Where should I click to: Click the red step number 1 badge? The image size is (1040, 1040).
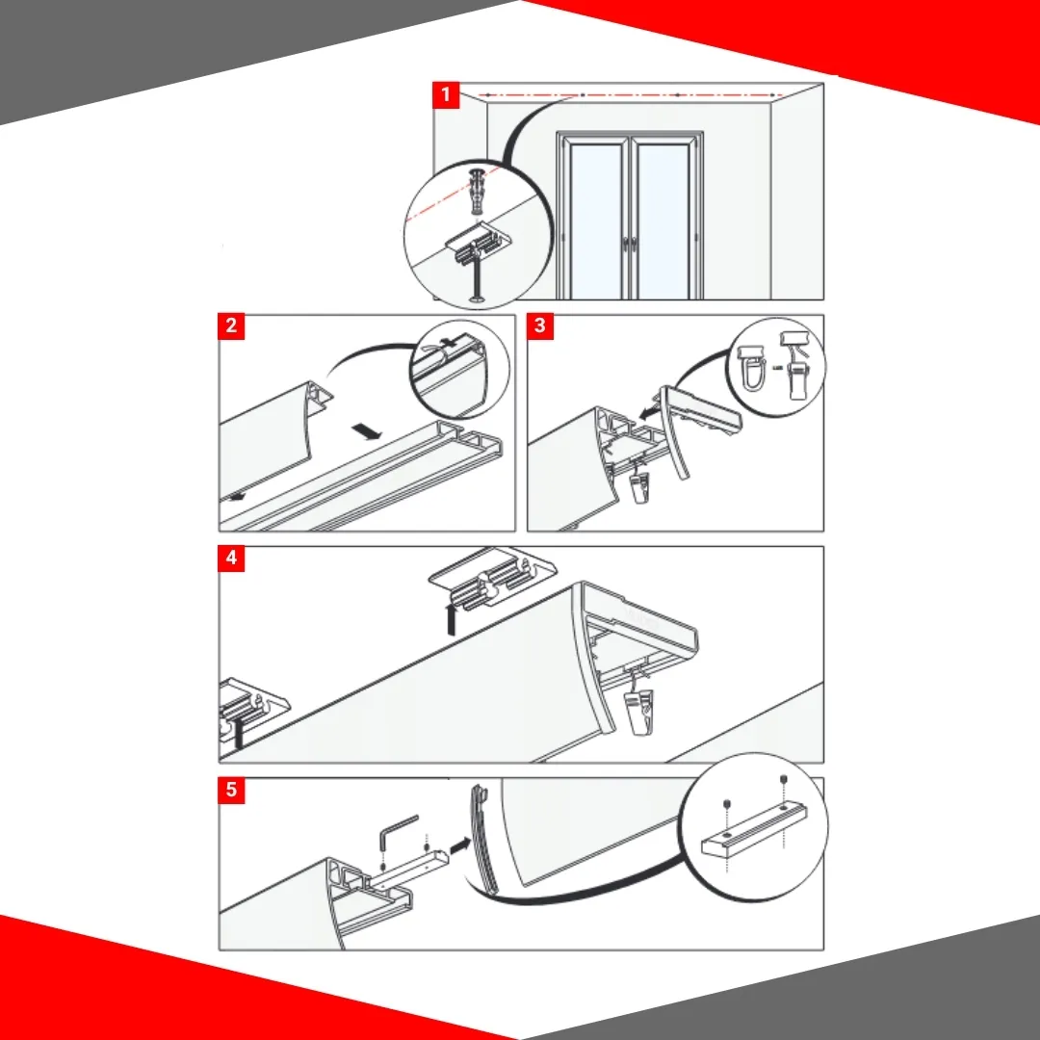(446, 94)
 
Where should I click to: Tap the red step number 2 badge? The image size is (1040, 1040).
(231, 325)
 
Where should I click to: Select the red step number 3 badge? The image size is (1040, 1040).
(540, 325)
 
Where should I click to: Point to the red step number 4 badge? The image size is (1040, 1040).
(231, 558)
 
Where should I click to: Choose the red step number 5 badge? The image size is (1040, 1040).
(231, 790)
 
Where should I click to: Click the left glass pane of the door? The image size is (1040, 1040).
(596, 221)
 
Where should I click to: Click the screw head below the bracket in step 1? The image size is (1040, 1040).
(477, 299)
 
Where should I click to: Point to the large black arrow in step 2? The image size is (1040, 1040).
(367, 431)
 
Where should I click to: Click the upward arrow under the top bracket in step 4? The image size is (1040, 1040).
(452, 618)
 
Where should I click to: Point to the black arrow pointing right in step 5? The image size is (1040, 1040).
(460, 845)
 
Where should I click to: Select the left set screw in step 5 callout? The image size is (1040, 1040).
(727, 804)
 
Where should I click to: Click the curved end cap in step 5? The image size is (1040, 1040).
(481, 840)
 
